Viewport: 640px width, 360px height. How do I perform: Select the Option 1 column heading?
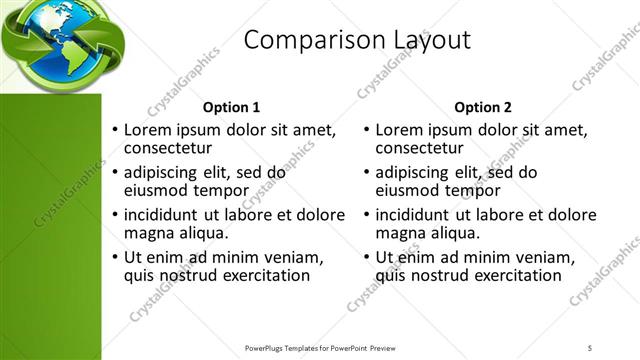click(x=231, y=107)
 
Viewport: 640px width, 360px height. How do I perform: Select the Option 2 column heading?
click(x=482, y=107)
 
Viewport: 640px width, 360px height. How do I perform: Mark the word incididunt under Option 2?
click(x=417, y=214)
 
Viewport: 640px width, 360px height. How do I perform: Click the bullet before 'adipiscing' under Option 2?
click(x=367, y=173)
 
